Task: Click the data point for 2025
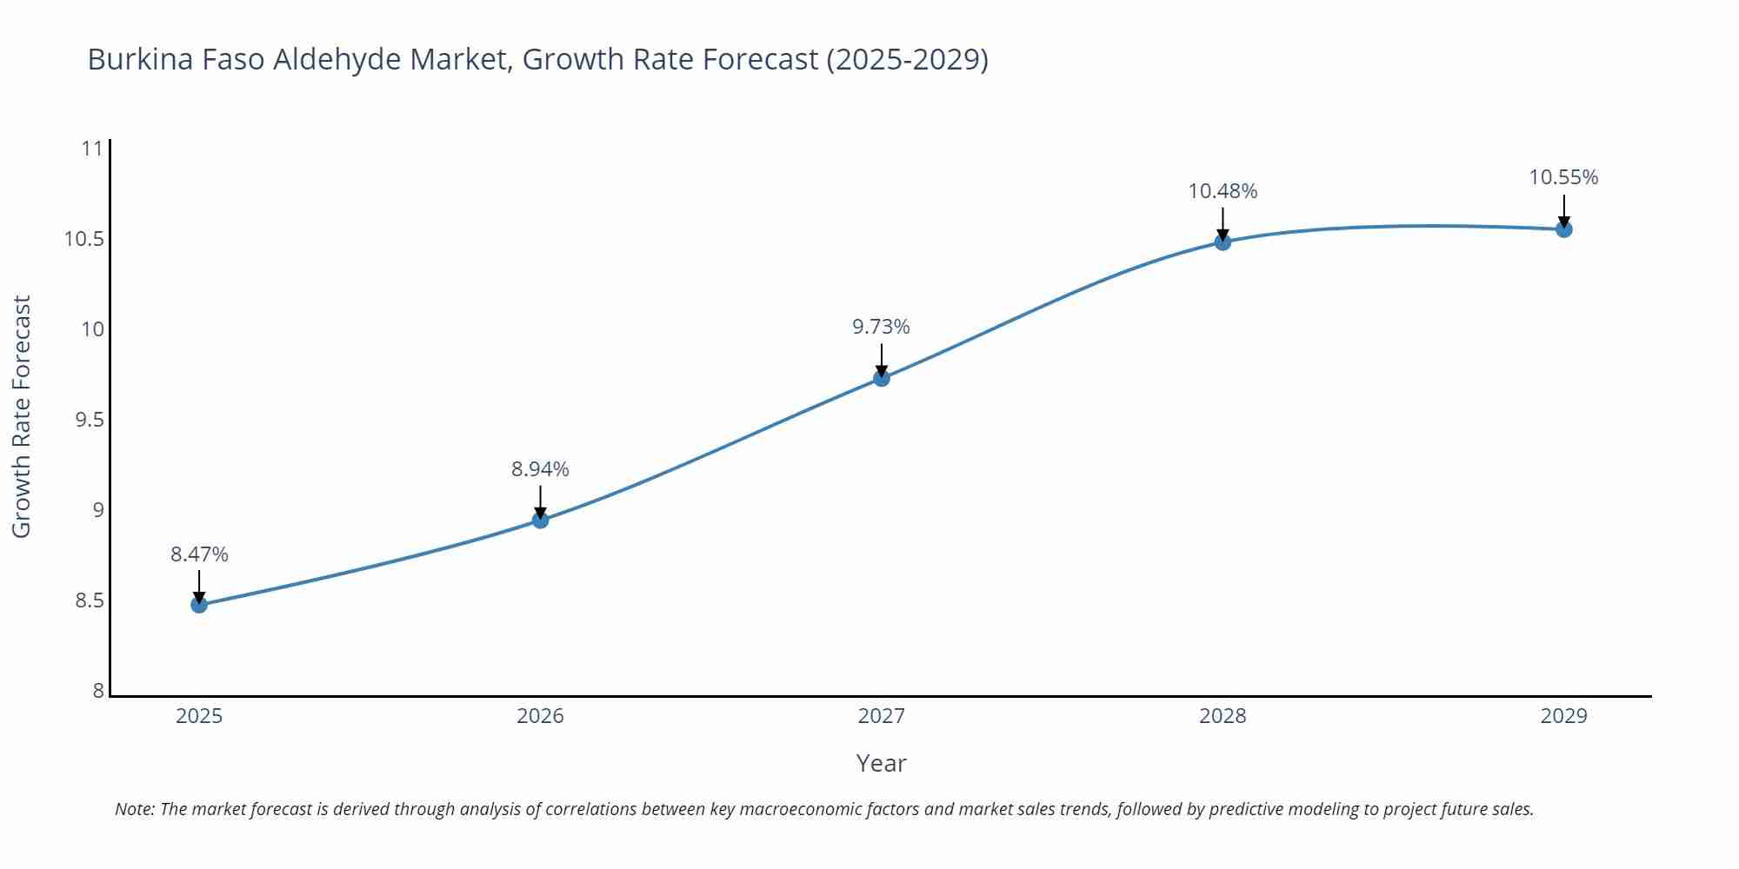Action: click(x=199, y=605)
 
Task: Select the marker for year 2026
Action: click(x=540, y=520)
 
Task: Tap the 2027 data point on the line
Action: click(x=881, y=378)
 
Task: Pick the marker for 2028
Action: click(x=1223, y=242)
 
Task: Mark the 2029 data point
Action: click(x=1563, y=229)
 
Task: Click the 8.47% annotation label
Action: click(x=199, y=554)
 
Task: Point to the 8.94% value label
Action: click(x=540, y=469)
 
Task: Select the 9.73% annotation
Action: click(x=881, y=327)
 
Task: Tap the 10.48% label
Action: click(x=1223, y=191)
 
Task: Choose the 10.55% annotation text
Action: click(x=1563, y=177)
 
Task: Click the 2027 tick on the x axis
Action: click(x=881, y=716)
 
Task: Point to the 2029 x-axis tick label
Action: click(x=1563, y=716)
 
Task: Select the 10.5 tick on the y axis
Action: click(x=83, y=239)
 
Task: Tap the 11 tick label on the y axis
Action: click(x=92, y=149)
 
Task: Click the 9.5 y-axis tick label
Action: click(x=89, y=420)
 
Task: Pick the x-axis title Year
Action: click(x=881, y=763)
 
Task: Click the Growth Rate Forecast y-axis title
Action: click(x=21, y=416)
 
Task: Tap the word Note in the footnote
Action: click(x=134, y=809)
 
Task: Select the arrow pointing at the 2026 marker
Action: click(x=540, y=501)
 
